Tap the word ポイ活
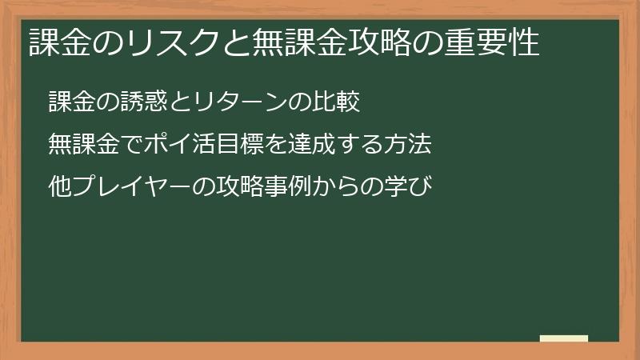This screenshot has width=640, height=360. click(170, 145)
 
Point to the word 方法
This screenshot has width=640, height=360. click(410, 145)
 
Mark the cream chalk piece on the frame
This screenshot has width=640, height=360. click(563, 338)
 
